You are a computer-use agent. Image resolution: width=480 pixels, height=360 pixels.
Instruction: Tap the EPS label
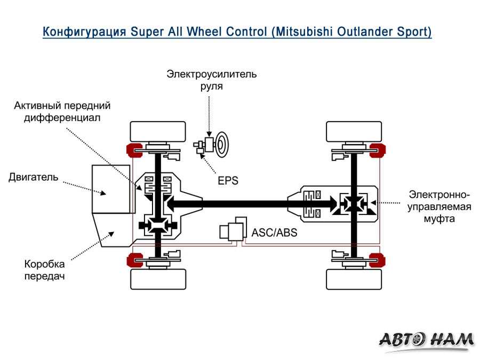228,181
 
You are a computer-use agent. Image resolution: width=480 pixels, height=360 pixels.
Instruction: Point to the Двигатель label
33,177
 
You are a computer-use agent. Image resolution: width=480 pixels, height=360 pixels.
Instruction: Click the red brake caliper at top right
377,150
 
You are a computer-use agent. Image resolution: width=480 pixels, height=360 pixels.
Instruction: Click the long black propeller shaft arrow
251,203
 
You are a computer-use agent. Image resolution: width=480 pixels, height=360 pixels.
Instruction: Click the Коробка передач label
45,270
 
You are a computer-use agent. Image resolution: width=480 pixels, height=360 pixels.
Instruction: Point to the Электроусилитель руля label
211,79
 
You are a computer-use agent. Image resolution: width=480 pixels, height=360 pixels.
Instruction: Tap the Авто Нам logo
426,339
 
